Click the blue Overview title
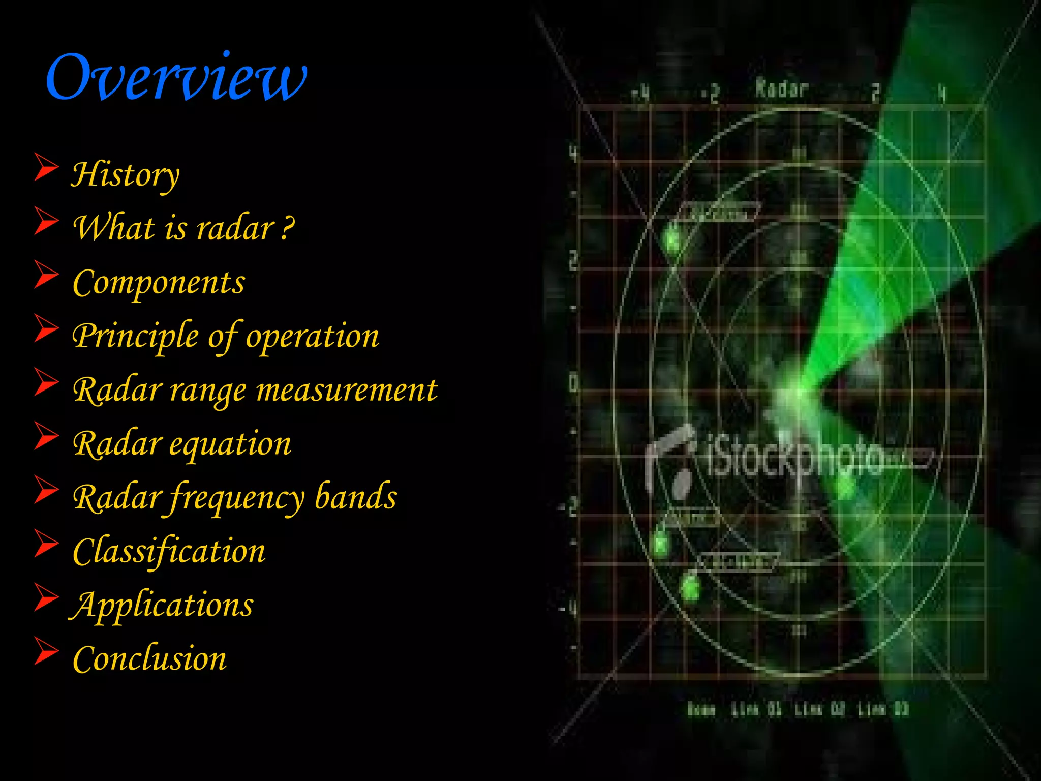176,77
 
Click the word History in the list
125,174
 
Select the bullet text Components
159,282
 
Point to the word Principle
135,337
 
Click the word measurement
347,390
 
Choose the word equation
230,444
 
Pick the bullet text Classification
169,551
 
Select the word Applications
162,605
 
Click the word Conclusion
150,659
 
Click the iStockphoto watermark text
795,459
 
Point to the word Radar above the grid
781,88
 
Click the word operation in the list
313,337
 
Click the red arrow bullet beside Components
46,275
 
